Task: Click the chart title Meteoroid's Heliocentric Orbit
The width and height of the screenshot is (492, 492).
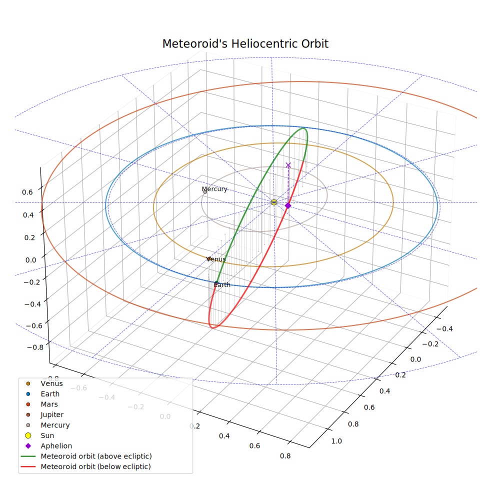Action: coord(245,43)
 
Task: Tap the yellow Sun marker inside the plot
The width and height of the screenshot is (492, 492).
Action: coord(274,202)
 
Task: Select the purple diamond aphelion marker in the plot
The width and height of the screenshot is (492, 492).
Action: coord(287,205)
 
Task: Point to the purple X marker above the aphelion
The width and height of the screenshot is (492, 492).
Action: coord(288,165)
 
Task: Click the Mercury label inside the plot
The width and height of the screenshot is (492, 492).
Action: coord(214,189)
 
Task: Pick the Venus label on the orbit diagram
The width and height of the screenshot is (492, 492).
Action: coord(216,259)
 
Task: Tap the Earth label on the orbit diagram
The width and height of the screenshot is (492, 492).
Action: coord(222,285)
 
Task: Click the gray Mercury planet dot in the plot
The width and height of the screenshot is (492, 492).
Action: coord(205,191)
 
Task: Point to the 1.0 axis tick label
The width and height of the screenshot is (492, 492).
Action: coord(336,441)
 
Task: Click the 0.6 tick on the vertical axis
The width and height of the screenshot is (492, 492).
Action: coord(27,192)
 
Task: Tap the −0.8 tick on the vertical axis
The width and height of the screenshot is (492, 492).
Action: coord(35,347)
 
